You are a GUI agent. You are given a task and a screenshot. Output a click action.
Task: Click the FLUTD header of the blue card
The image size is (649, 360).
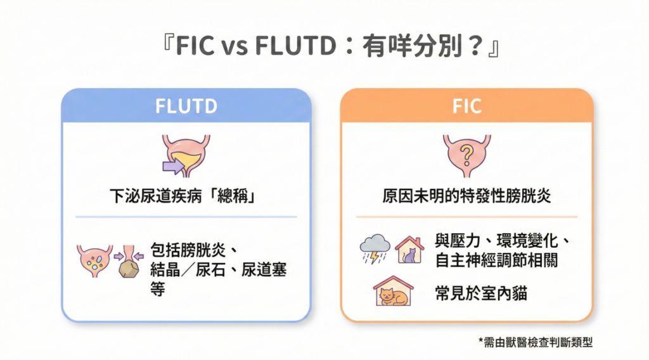[186, 106]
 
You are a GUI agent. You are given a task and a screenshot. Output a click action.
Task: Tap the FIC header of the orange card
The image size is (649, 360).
[467, 106]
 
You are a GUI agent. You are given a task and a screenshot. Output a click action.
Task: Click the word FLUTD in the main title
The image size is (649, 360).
[295, 45]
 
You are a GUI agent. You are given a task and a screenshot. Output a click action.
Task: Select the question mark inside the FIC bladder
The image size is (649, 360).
[467, 155]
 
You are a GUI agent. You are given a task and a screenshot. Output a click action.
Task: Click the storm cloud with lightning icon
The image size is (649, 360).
[375, 248]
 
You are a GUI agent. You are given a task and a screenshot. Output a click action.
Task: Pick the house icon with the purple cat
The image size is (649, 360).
[409, 250]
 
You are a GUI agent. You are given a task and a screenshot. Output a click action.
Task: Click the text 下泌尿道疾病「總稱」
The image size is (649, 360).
[183, 196]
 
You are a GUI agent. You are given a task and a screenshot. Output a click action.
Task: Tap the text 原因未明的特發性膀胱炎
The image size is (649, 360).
[466, 196]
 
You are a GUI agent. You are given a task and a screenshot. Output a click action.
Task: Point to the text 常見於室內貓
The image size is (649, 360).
[481, 293]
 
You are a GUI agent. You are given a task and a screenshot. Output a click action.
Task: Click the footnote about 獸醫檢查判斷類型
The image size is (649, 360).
[536, 342]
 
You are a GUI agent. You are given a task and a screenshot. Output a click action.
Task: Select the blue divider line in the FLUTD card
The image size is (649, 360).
[186, 216]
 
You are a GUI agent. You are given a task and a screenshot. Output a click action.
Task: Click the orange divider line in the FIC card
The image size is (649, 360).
[467, 216]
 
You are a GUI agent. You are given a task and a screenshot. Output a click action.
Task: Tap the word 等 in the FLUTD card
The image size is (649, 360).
[158, 289]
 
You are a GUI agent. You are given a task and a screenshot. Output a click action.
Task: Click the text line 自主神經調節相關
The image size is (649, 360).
[496, 260]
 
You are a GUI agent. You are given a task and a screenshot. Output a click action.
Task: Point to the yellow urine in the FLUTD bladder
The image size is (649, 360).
[186, 159]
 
